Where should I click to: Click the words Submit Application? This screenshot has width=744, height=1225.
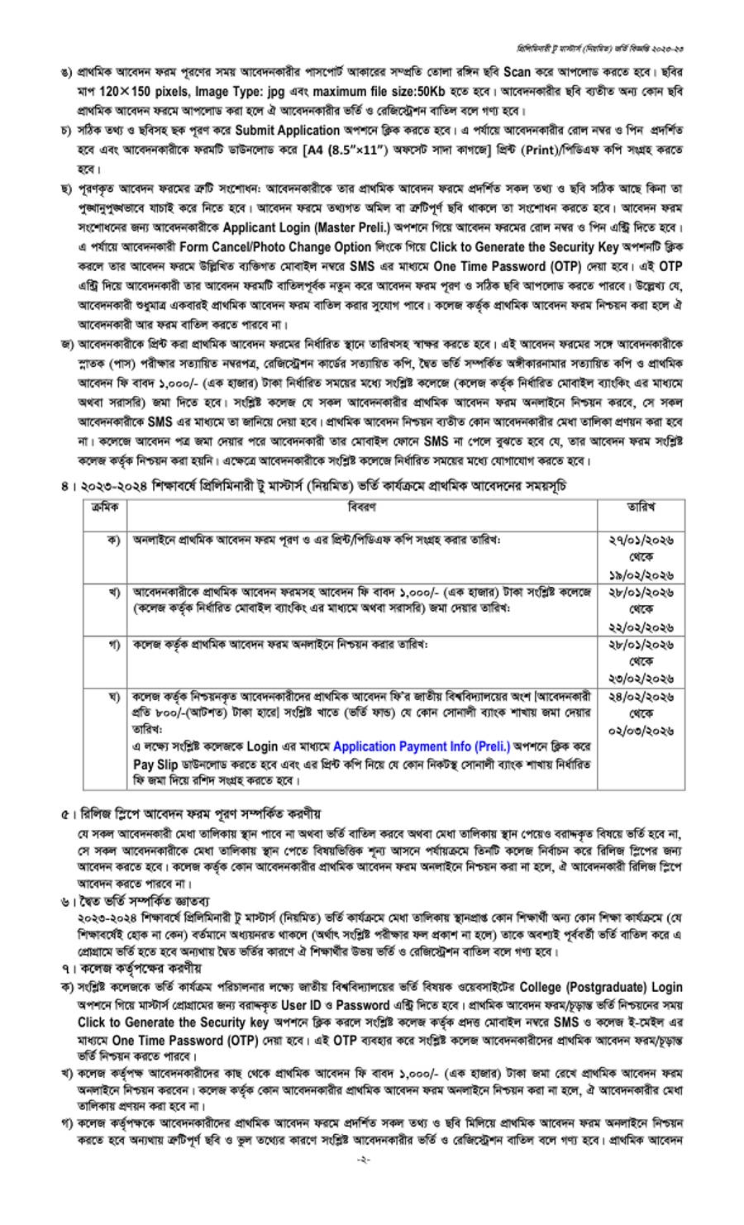(x=287, y=131)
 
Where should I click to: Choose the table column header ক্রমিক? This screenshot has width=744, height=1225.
(x=104, y=506)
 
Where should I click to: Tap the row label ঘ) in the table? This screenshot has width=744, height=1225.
(x=114, y=697)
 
